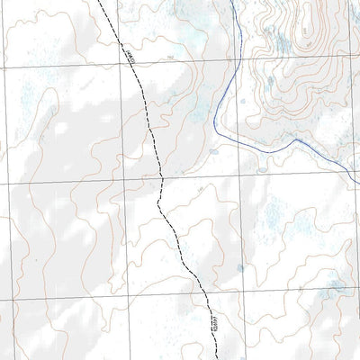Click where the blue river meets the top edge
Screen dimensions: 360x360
[229, 1]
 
